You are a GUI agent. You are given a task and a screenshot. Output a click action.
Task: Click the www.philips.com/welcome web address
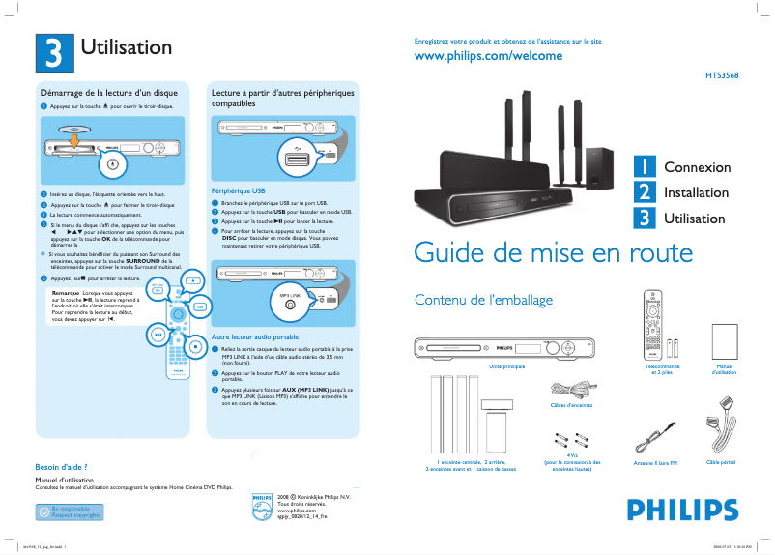pos(488,57)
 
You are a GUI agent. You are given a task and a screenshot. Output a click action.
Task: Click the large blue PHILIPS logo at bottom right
pos(675,510)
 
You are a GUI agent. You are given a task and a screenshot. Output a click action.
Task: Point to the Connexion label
pos(697,167)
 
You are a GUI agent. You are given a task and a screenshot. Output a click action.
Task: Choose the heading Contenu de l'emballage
pos(482,300)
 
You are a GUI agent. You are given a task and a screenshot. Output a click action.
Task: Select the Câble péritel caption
pos(721,463)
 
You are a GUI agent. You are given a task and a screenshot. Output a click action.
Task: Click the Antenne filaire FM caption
pos(654,464)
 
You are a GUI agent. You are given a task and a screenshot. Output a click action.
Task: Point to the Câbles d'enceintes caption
pos(571,405)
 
